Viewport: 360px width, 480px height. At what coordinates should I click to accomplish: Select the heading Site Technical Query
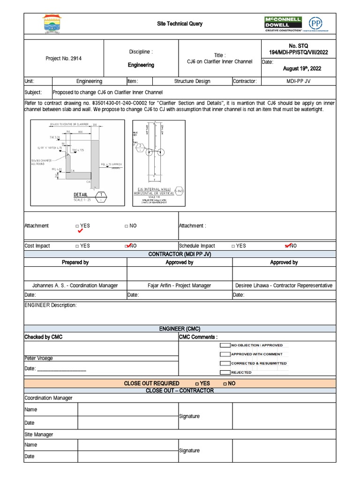[x=180, y=23]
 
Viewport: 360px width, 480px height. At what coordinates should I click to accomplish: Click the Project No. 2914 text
[x=64, y=59]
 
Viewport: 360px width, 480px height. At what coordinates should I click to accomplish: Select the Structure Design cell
[x=192, y=81]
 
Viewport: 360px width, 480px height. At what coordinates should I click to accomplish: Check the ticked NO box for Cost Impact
[x=128, y=246]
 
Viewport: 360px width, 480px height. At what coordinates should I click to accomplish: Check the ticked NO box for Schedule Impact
[x=287, y=246]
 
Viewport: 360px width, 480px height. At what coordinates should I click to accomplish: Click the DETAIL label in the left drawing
[x=81, y=195]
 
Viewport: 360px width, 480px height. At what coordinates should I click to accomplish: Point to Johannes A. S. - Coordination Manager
[x=75, y=285]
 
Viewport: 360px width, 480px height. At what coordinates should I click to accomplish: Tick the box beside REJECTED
[x=225, y=372]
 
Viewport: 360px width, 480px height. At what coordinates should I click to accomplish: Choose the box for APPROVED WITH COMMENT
[x=225, y=354]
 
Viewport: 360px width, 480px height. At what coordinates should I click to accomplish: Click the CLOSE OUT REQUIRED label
[x=151, y=383]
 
